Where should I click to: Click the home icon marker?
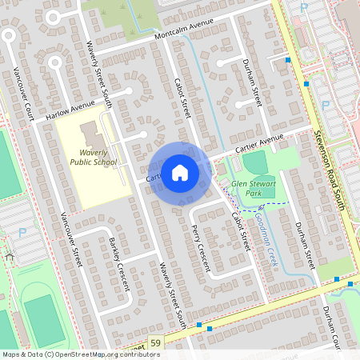179,172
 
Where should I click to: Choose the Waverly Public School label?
93,157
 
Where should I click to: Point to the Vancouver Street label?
71,239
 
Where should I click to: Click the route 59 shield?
154,343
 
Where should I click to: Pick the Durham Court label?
331,328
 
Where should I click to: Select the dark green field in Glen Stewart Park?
256,163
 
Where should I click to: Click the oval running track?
43,315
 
